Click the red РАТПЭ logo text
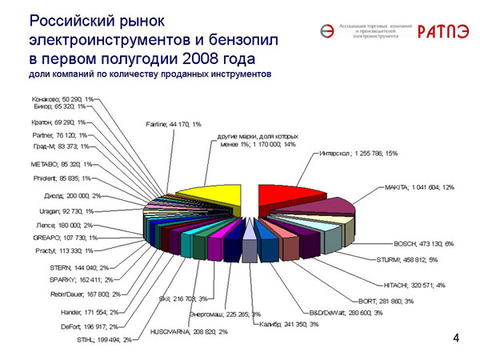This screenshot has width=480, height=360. [439, 31]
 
